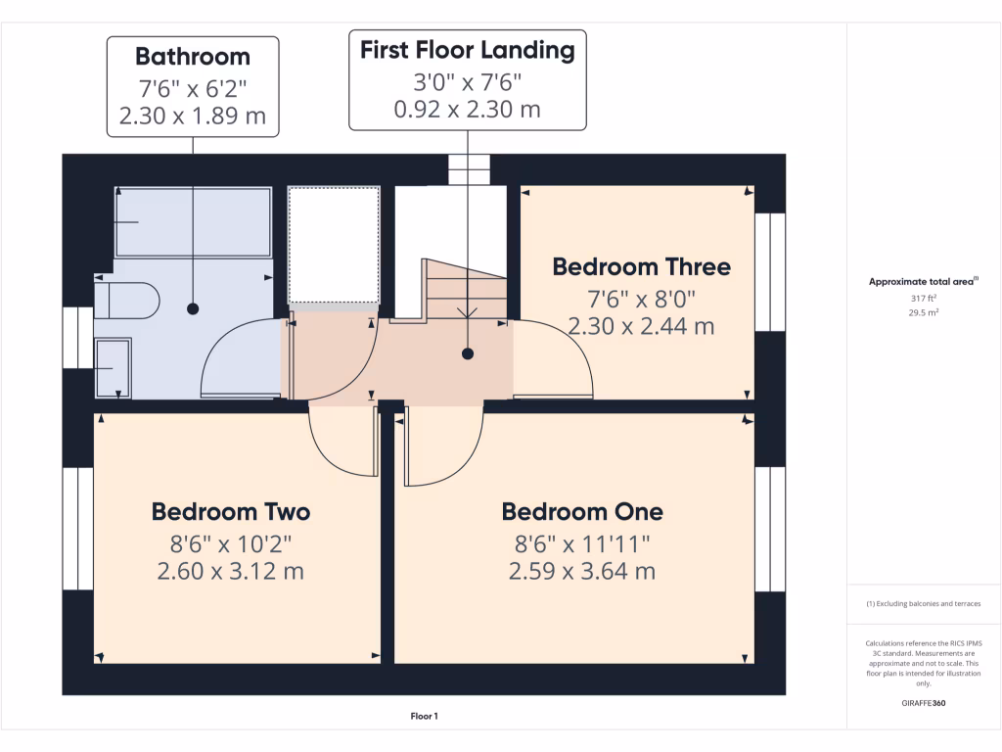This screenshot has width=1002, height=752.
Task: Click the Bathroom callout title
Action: tap(193, 57)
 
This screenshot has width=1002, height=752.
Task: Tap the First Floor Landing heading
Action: tap(468, 50)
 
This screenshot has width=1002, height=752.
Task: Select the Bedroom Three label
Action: tap(641, 266)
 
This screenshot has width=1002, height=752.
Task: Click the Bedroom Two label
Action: tap(231, 511)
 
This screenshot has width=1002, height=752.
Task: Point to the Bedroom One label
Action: tap(582, 511)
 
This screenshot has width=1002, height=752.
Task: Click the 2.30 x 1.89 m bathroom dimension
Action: tap(193, 117)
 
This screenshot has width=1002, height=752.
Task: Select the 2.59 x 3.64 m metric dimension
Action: tap(582, 571)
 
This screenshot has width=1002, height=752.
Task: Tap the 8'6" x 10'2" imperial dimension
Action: tap(231, 541)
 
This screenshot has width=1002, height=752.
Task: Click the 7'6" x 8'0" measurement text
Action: tap(641, 297)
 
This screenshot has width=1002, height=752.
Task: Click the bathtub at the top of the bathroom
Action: tap(193, 222)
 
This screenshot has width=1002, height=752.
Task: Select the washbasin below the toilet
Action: tap(113, 367)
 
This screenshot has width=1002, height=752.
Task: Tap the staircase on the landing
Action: tap(466, 290)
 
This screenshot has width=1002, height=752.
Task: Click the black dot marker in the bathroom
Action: tap(193, 308)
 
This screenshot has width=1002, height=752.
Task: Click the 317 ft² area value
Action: tap(923, 299)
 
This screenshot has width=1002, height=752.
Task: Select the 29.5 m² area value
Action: tap(923, 313)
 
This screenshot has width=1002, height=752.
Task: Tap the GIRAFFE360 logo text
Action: tap(923, 703)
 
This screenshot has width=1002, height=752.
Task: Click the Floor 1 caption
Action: tap(424, 717)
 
